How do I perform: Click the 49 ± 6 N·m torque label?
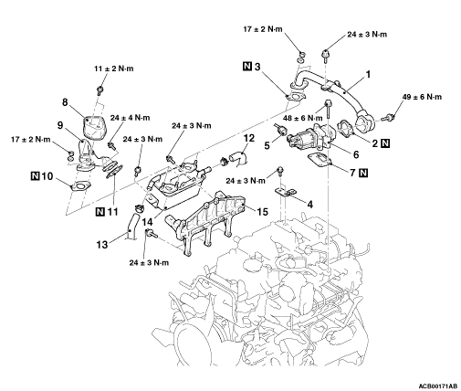pos(422,97)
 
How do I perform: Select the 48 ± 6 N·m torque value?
pos(302,118)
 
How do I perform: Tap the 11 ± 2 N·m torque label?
pos(113,69)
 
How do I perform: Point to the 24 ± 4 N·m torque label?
pos(130,118)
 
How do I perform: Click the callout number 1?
pos(368,74)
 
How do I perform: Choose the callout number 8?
pos(65,102)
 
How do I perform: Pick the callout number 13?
pos(102,244)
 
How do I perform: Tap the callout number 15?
pos(262,212)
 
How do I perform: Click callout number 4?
pos(309,205)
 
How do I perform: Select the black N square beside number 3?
pos(247,66)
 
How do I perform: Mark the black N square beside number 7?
pos(363,173)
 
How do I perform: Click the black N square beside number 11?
pos(100,211)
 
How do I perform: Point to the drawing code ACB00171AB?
pos(438,386)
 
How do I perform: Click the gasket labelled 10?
pos(80,186)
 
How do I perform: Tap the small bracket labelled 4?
pos(286,192)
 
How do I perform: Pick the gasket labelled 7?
pos(320,160)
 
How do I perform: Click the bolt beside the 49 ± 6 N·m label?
pos(389,117)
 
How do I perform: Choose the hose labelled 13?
pos(132,227)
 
